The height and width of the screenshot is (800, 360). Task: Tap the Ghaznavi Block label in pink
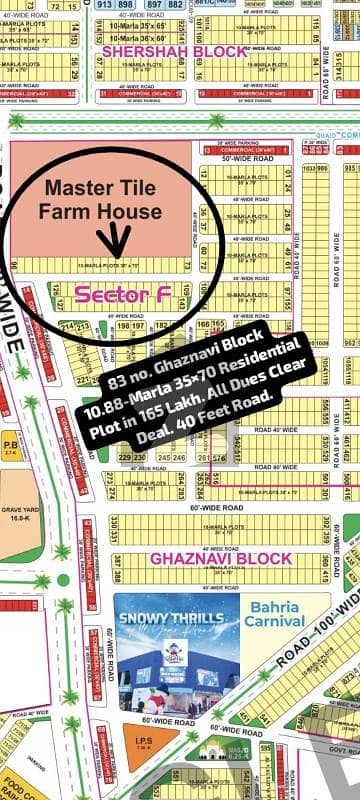[x=235, y=557]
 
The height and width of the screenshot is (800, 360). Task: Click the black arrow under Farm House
[x=119, y=240]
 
